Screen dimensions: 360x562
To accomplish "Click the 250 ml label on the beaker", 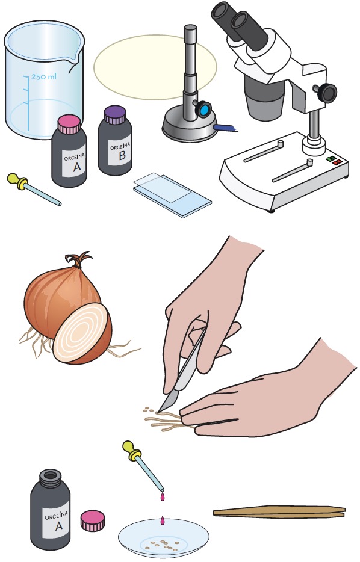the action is point(44,76).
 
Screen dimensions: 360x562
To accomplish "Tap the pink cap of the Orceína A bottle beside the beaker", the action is point(69,125).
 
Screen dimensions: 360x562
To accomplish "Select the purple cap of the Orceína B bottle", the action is point(115,115).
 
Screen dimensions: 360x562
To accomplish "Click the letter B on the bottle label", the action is point(122,155).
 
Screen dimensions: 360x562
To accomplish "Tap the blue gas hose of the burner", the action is point(226,128).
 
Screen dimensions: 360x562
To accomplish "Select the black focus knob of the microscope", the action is point(327,93).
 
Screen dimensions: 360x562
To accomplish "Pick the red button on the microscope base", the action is point(337,162).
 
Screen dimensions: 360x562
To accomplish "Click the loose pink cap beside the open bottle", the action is point(93,520).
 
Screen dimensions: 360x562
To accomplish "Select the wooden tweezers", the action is point(279,511).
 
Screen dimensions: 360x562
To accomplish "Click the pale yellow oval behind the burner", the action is point(155,67).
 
